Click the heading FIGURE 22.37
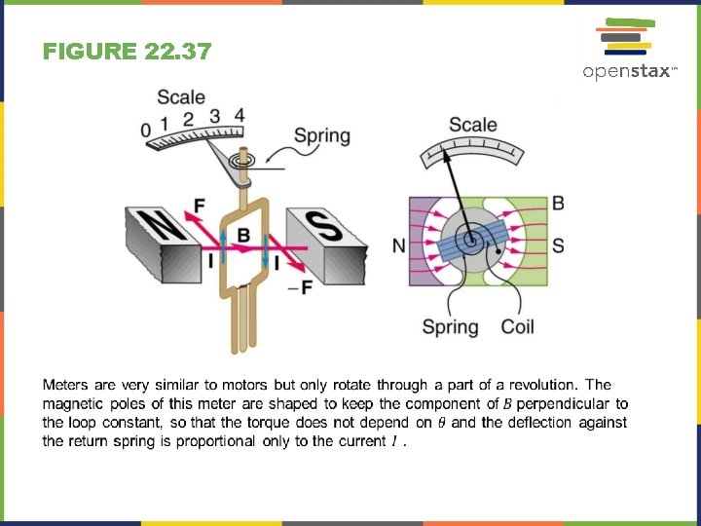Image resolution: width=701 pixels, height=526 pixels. click(x=127, y=53)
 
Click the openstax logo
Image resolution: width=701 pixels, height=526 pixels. click(x=628, y=50)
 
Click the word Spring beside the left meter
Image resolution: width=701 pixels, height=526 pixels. click(x=322, y=135)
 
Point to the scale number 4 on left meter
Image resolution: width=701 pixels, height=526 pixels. click(x=239, y=115)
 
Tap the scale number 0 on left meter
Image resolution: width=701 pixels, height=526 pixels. click(x=146, y=131)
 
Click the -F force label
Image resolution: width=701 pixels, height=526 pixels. click(x=301, y=287)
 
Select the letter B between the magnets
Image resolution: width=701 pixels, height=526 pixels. click(x=243, y=235)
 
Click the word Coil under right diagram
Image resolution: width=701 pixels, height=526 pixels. click(x=517, y=327)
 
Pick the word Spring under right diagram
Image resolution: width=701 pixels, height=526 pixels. click(x=450, y=327)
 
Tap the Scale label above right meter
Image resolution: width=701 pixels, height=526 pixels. click(x=473, y=125)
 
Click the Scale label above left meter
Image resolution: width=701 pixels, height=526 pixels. click(x=181, y=96)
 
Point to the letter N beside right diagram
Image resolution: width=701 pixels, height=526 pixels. click(x=399, y=245)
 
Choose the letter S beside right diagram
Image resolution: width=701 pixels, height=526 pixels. click(x=558, y=245)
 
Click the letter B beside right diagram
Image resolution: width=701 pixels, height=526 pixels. click(x=558, y=203)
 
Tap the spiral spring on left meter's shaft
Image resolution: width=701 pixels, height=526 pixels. click(x=243, y=158)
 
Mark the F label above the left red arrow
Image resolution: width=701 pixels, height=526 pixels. click(x=200, y=206)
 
